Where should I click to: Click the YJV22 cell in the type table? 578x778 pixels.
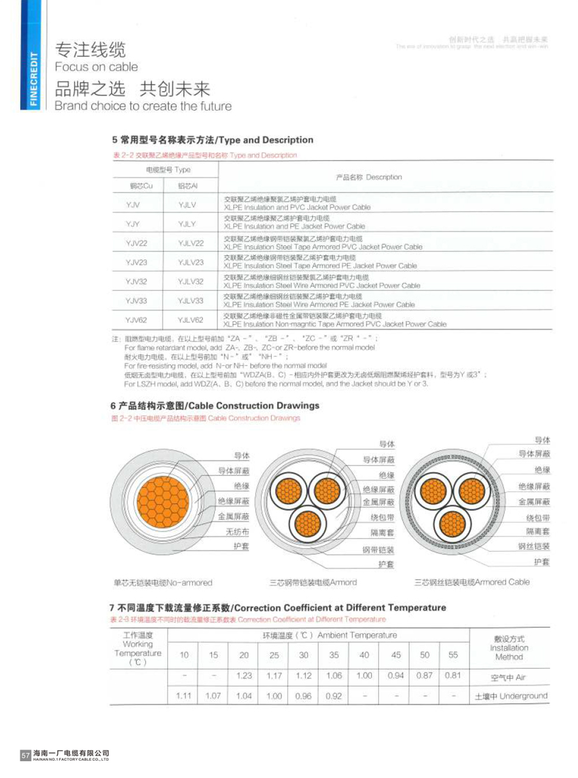(x=136, y=243)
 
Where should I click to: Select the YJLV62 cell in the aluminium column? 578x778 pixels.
(x=190, y=320)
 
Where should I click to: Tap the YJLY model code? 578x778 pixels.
(x=187, y=224)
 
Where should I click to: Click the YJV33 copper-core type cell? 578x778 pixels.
(x=136, y=301)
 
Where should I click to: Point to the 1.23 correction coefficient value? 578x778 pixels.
(x=244, y=675)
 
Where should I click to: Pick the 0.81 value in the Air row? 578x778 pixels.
(x=453, y=675)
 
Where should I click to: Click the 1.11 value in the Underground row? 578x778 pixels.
(x=184, y=696)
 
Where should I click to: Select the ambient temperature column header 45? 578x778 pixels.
(x=396, y=655)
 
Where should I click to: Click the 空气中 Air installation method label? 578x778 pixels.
(x=508, y=678)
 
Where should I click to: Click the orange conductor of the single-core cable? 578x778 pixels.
(x=163, y=501)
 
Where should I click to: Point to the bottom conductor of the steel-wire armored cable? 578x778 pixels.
(x=452, y=524)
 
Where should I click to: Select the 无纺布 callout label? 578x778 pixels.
(x=237, y=532)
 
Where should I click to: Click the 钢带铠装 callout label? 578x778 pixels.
(x=378, y=550)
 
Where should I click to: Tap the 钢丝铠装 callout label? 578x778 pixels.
(x=533, y=546)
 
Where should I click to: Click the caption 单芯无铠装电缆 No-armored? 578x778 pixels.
(x=163, y=583)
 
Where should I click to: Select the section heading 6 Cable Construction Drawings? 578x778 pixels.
(x=215, y=405)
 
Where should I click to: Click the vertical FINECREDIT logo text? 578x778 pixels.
(x=33, y=79)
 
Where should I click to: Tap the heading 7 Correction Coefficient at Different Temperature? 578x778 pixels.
(x=277, y=608)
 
